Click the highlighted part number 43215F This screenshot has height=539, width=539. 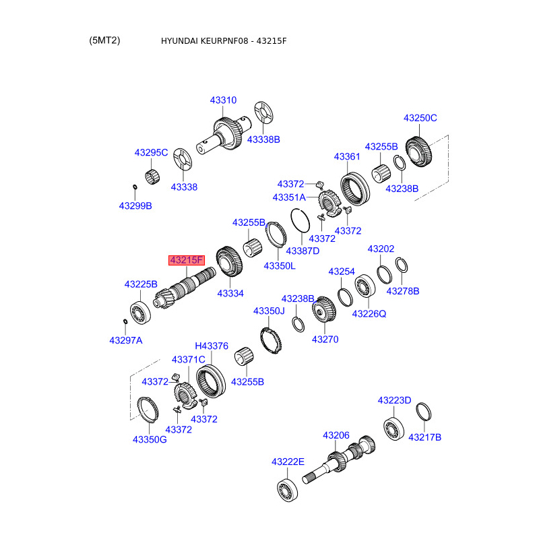pyautogui.click(x=187, y=260)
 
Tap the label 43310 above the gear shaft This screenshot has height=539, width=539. pyautogui.click(x=223, y=100)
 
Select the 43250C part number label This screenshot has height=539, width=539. pyautogui.click(x=420, y=118)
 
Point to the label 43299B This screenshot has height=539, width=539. pyautogui.click(x=135, y=205)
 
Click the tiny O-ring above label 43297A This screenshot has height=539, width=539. pyautogui.click(x=125, y=321)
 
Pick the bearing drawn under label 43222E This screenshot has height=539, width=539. pyautogui.click(x=288, y=490)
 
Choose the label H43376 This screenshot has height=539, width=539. pyautogui.click(x=212, y=346)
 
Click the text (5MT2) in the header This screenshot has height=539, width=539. pyautogui.click(x=104, y=40)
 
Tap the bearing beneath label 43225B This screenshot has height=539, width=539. pyautogui.click(x=140, y=312)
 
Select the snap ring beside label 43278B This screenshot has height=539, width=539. pyautogui.click(x=402, y=265)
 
